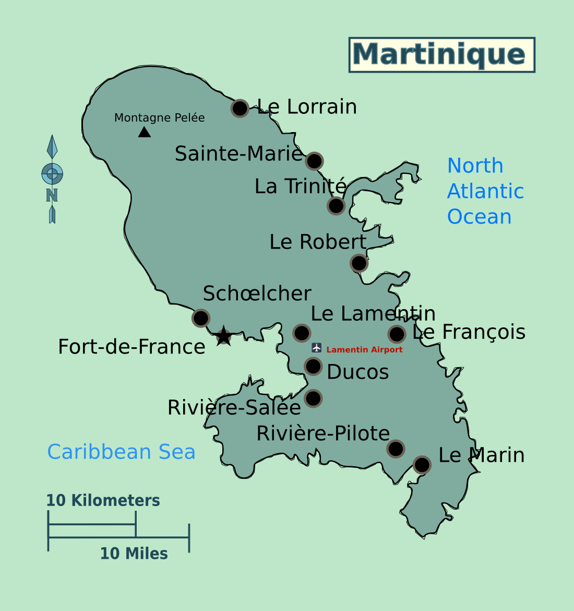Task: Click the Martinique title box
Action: (x=441, y=55)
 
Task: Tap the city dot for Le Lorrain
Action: (x=240, y=108)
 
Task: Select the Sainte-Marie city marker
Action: (x=314, y=161)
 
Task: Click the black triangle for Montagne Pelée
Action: (x=145, y=132)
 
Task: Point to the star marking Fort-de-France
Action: (x=223, y=336)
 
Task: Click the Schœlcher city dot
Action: (x=201, y=318)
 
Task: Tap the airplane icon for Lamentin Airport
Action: (x=316, y=348)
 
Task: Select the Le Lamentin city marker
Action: (x=302, y=333)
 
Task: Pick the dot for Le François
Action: (x=397, y=334)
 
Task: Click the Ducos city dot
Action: (x=313, y=367)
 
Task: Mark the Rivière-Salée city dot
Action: (x=313, y=398)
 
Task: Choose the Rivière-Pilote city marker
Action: (x=396, y=448)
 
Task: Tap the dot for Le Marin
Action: (x=422, y=464)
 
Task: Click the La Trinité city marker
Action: (x=336, y=206)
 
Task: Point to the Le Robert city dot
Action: (x=359, y=263)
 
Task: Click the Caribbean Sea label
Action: (x=121, y=452)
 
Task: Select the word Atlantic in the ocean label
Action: (x=485, y=191)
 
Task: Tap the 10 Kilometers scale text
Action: (x=103, y=500)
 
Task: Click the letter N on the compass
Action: (x=52, y=195)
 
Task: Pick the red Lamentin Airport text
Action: (x=364, y=350)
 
